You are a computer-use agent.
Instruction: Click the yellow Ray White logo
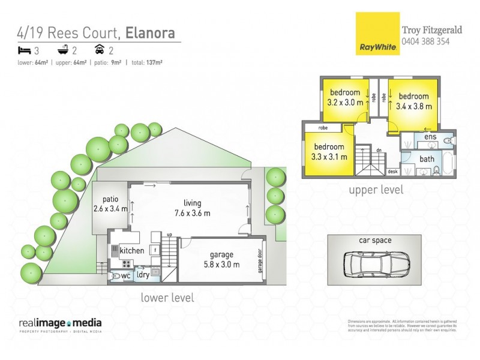point(375,34)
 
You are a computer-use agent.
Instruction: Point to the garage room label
point(218,255)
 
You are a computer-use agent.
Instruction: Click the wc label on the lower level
point(126,275)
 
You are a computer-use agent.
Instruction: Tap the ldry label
point(143,275)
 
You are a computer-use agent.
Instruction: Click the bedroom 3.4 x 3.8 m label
point(414,101)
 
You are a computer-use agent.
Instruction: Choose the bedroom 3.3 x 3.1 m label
point(329,152)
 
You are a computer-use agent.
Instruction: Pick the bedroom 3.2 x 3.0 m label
point(345,97)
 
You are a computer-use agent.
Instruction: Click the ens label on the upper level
point(430,138)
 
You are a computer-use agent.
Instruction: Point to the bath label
point(427,159)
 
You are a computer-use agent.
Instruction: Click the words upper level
point(376,190)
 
